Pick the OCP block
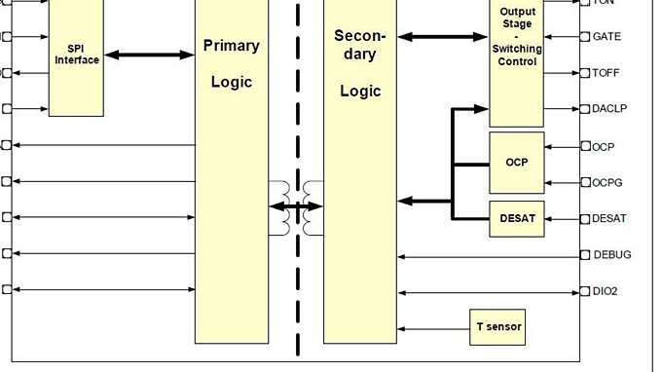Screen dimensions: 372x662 tap(516, 162)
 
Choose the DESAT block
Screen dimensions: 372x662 tap(516, 219)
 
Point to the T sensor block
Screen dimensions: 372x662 tap(497, 327)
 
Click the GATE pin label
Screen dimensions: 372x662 tap(607, 37)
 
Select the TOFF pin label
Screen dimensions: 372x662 tap(607, 73)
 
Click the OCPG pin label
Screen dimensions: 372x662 tap(608, 182)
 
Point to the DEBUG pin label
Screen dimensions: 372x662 tap(611, 255)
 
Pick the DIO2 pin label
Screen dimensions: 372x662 tap(607, 291)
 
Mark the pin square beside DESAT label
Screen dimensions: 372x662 tap(586, 218)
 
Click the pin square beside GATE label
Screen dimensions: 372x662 tap(586, 37)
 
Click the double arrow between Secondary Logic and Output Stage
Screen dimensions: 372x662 tap(443, 37)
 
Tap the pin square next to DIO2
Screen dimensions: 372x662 tap(586, 290)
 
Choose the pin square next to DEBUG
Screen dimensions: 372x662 tap(586, 255)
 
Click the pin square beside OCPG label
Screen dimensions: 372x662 tap(586, 182)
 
